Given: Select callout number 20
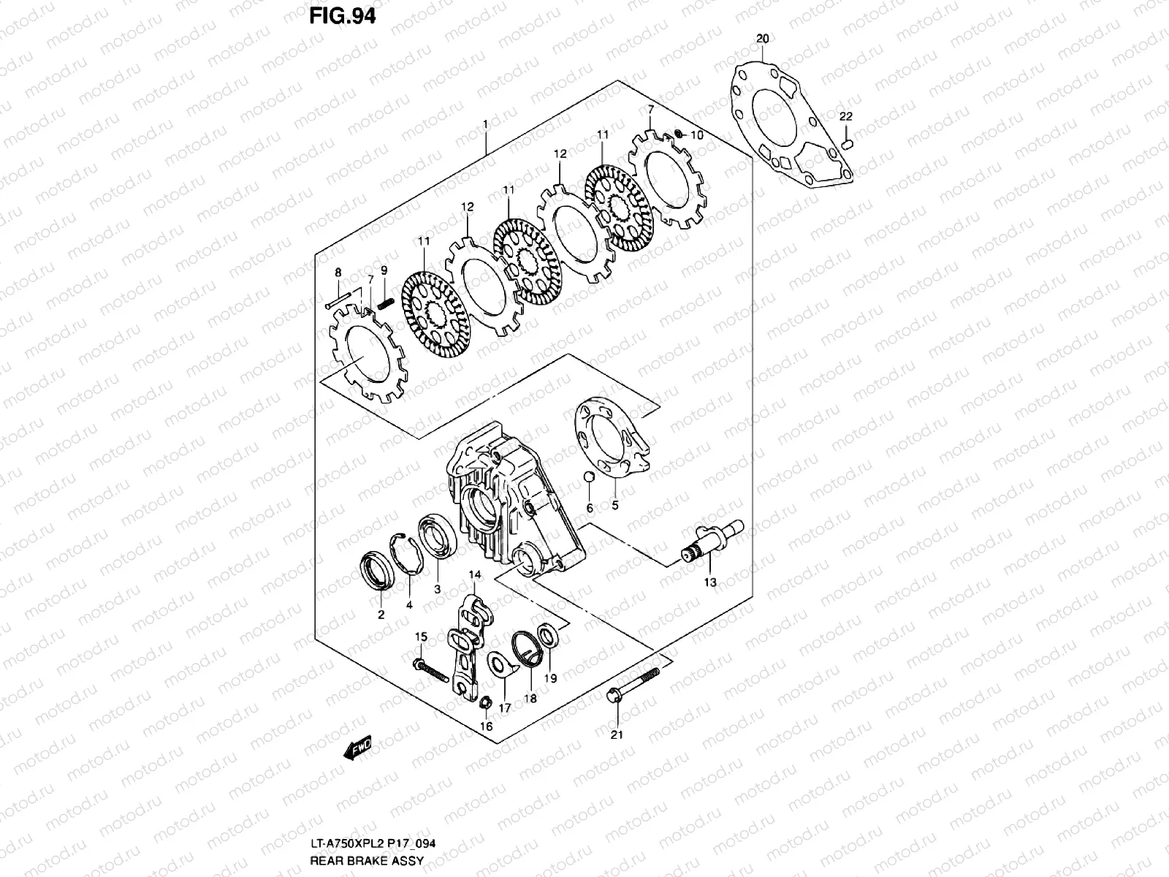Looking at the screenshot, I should point(762,38).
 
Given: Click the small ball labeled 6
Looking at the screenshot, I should point(589,478).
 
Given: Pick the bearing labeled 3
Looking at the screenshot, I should point(436,537).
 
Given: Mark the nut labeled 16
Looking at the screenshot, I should point(484,703).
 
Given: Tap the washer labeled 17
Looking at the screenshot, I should point(500,664).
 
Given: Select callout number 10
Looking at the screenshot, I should point(696,135).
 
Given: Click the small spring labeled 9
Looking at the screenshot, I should point(386,303).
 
